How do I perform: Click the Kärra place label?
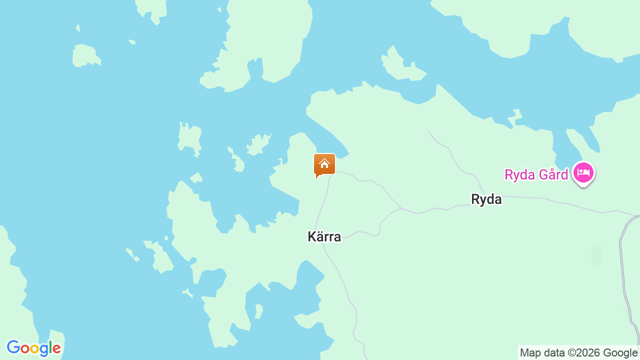[324, 236]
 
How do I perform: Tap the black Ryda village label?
[486, 199]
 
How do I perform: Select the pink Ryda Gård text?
[536, 174]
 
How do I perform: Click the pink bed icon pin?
[583, 173]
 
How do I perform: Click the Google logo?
[33, 348]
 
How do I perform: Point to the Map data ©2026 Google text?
[578, 352]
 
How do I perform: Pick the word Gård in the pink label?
[554, 174]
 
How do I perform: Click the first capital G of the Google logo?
[13, 347]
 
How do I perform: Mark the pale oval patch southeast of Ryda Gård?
[595, 255]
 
